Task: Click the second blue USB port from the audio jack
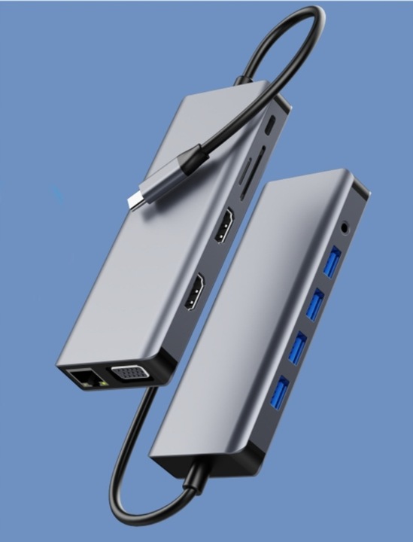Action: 315,302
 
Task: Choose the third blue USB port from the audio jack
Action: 299,347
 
